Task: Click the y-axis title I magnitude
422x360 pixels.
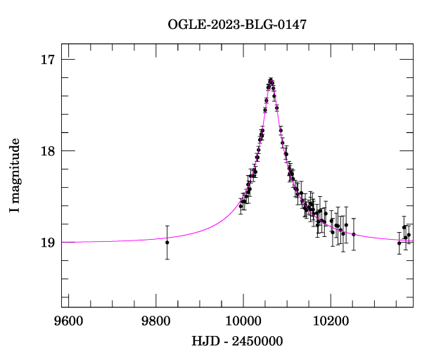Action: [15, 176]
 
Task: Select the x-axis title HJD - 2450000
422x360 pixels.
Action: [237, 342]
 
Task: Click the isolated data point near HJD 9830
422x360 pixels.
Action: [167, 243]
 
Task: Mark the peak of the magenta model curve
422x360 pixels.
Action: [271, 80]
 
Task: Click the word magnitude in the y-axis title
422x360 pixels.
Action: [15, 169]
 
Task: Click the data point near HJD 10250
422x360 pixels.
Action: [354, 234]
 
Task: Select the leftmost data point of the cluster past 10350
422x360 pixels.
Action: [399, 243]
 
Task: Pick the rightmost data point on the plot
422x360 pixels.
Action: [409, 235]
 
